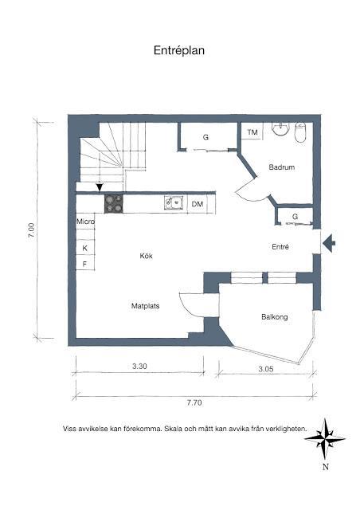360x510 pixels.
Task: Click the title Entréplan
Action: (180, 50)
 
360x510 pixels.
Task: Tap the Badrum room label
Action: (282, 167)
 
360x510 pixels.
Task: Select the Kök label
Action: (146, 256)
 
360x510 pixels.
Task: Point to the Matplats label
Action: (146, 305)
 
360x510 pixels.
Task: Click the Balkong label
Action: (274, 317)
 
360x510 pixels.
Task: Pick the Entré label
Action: (280, 247)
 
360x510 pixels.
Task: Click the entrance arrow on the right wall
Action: (330, 242)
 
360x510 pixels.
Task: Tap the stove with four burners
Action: (115, 204)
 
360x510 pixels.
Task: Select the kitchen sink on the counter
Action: (172, 204)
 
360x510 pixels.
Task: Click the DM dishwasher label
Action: (198, 205)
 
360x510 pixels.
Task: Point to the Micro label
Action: (85, 222)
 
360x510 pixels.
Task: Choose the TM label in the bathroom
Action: (252, 132)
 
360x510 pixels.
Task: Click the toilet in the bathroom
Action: (299, 132)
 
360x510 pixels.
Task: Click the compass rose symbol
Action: (325, 437)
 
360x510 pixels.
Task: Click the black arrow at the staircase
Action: (99, 187)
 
